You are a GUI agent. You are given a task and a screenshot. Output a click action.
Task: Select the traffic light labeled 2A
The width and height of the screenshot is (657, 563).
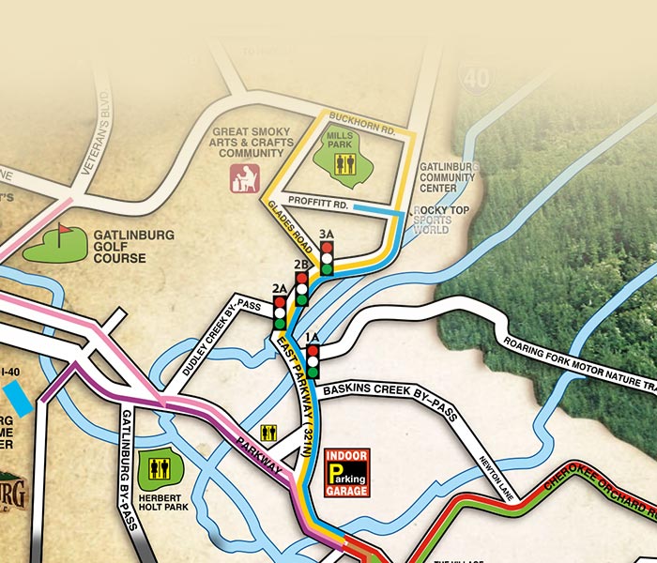(x=279, y=313)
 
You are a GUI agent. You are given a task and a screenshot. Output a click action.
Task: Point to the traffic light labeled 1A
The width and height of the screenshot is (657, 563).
(x=313, y=358)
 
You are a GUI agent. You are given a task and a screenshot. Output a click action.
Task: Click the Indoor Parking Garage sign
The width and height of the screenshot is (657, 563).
(x=346, y=473)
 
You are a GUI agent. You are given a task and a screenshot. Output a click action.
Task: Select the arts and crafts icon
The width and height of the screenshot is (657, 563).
(x=244, y=178)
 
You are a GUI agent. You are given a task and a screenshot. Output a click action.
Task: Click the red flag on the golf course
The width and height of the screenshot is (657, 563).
(x=64, y=230)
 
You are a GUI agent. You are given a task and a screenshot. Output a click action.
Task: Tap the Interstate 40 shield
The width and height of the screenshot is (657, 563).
(x=476, y=79)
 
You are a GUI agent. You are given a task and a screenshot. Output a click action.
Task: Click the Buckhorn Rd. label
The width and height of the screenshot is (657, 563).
(x=367, y=121)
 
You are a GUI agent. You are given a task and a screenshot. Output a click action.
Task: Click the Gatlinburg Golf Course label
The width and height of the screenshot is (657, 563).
(x=133, y=246)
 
